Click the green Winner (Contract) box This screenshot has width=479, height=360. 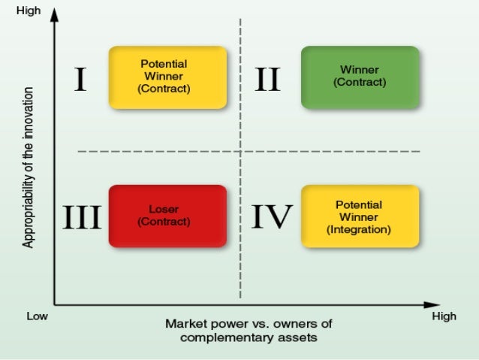[359, 77]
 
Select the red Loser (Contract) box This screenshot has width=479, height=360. [167, 216]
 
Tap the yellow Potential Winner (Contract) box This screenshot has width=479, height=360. [167, 77]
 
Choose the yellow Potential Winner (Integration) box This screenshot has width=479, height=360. [359, 216]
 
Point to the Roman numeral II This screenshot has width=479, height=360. [267, 78]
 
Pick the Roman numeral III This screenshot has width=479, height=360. [81, 217]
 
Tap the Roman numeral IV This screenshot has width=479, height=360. [270, 217]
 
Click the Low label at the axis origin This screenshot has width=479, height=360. [38, 316]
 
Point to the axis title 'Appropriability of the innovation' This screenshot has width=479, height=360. [29, 167]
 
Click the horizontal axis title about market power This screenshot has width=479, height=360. [248, 331]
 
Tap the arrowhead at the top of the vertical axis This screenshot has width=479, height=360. [54, 16]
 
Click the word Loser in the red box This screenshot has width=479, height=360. [164, 210]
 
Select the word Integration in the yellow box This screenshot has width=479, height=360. [359, 230]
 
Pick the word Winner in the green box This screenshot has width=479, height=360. [359, 70]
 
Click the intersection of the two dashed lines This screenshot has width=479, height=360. [240, 152]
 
